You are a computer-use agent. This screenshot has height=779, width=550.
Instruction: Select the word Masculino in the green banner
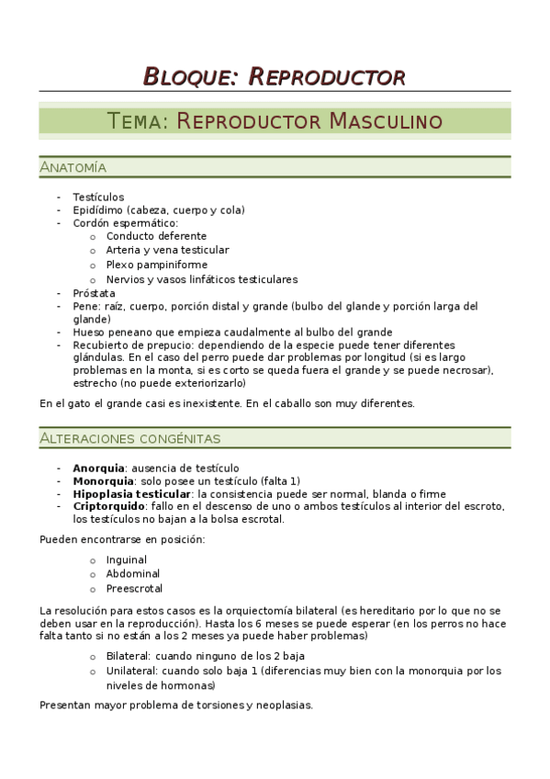tap(385, 121)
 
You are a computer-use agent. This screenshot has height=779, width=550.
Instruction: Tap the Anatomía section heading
tap(73, 167)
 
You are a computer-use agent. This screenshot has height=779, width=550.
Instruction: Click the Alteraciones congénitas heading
tap(129, 439)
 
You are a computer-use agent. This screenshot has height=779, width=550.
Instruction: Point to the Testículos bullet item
tap(98, 197)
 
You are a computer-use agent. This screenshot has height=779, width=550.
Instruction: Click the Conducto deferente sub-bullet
tap(156, 236)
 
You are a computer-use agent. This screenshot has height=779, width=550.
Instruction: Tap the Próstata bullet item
tap(94, 293)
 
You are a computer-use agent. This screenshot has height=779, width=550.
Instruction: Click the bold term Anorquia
tap(98, 468)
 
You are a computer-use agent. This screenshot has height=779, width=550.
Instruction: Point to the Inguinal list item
tap(127, 559)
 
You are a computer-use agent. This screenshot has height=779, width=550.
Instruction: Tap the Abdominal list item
tap(132, 573)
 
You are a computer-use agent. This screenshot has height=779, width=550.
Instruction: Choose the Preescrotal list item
tap(134, 588)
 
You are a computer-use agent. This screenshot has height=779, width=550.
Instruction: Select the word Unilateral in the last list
tap(131, 671)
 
